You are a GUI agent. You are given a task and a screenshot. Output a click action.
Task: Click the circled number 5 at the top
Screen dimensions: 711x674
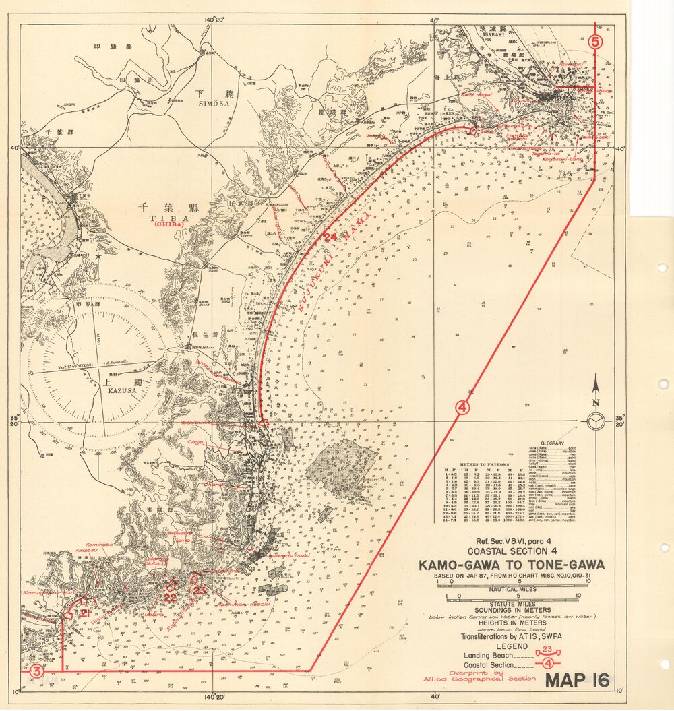coord(594,42)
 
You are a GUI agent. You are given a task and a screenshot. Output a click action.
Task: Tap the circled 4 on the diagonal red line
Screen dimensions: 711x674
coord(462,407)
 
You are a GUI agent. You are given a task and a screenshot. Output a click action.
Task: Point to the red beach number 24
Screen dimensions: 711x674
coord(330,237)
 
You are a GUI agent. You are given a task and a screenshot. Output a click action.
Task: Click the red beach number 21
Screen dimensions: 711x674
coord(86,613)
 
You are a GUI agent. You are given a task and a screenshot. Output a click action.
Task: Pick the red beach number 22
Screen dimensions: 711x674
coord(171,597)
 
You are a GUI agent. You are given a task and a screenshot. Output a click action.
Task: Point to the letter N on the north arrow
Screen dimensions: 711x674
coord(596,403)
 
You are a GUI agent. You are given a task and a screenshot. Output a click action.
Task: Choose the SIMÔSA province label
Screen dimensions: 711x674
coord(213,104)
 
